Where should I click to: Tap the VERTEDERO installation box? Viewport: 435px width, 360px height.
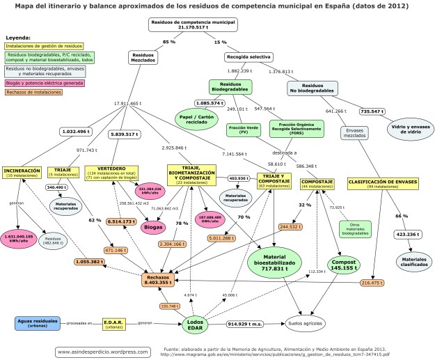(111, 173)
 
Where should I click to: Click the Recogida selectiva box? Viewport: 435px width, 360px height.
(248, 56)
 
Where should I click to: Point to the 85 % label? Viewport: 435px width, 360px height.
(168, 42)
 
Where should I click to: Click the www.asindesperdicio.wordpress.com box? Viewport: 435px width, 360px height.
(102, 351)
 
